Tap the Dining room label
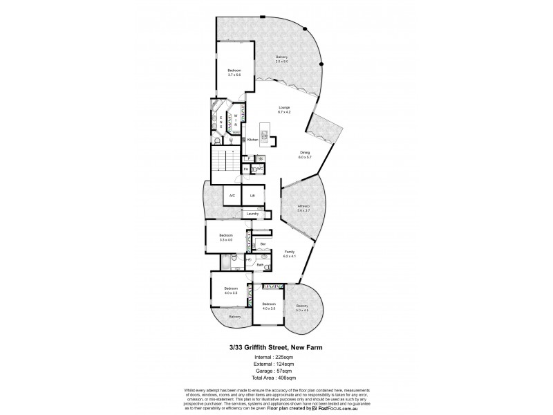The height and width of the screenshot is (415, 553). click(x=305, y=154)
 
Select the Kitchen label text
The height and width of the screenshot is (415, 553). click(x=252, y=140)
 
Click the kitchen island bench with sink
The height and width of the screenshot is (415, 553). click(x=265, y=133)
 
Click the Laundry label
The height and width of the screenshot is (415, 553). click(x=252, y=214)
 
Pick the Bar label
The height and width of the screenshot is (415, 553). click(x=263, y=244)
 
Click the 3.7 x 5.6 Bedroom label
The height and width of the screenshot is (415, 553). click(x=234, y=72)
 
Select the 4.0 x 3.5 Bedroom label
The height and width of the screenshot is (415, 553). click(x=230, y=290)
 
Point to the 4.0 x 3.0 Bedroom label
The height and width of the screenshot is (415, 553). click(x=268, y=306)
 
